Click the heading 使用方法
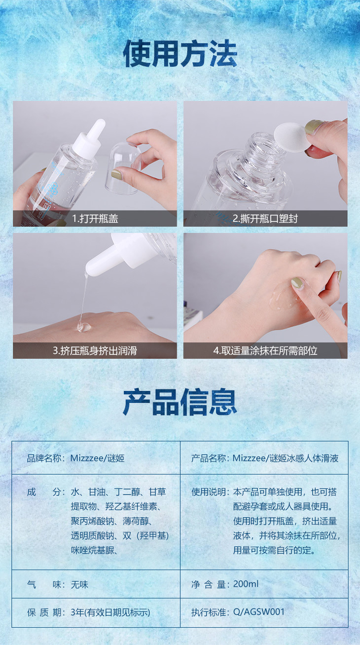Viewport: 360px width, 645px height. (x=180, y=54)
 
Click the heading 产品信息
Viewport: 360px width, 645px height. (x=180, y=402)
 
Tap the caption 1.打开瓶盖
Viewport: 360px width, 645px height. (x=95, y=219)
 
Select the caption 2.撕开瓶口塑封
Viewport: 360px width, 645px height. (x=265, y=219)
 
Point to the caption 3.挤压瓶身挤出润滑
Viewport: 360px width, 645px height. (x=95, y=350)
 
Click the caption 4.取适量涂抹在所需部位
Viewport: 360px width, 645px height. (x=265, y=350)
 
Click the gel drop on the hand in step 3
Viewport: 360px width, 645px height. (x=84, y=327)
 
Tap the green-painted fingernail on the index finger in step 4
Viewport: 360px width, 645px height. (x=297, y=283)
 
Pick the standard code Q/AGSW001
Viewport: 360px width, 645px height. (x=259, y=612)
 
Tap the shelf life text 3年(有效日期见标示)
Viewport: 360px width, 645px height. (x=110, y=612)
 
